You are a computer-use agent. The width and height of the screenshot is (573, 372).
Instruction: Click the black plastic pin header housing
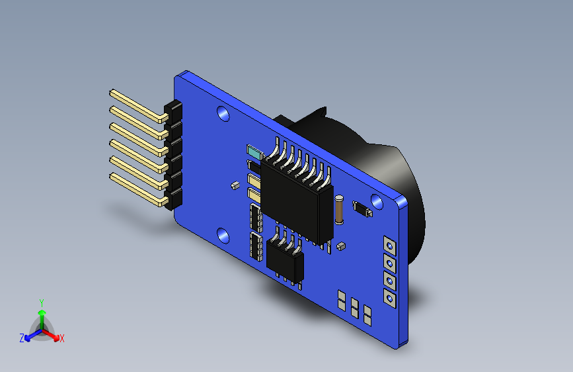coord(174,156)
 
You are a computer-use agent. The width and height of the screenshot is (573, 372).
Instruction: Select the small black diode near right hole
coord(362,209)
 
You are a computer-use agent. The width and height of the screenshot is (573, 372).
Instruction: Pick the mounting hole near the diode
coord(377,200)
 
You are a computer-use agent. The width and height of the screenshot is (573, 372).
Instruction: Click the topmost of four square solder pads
coord(389,246)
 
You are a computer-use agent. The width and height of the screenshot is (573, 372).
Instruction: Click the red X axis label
coord(62,338)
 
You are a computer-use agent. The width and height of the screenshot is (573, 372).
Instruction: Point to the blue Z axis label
coord(22,338)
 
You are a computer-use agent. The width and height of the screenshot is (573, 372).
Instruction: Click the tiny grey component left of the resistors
coord(235,185)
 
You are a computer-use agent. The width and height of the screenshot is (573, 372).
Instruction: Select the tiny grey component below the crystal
coord(340,246)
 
